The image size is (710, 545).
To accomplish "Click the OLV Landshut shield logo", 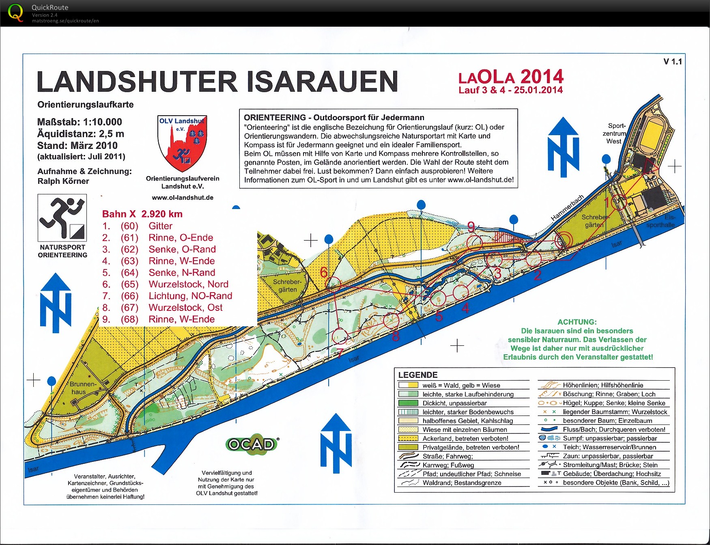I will (x=182, y=143).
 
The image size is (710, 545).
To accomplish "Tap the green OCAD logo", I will (x=252, y=444).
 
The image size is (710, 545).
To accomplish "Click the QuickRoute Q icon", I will (x=15, y=13).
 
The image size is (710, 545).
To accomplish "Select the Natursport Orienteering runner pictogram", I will (x=62, y=218).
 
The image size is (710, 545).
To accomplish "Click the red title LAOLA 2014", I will (x=511, y=77).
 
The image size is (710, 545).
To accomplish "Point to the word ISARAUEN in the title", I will (x=323, y=82).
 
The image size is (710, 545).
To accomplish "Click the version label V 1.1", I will (x=672, y=62).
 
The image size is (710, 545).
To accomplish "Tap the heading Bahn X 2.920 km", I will (x=142, y=214).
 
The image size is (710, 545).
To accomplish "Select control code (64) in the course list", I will (x=129, y=273).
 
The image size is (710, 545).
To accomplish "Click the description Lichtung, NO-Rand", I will (x=190, y=296).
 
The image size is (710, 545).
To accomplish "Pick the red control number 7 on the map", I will (x=340, y=352).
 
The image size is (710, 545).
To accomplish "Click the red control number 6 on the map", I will (x=324, y=272).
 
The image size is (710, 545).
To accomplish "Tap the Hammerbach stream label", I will (x=567, y=207).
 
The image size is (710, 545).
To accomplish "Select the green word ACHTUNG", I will (x=577, y=322).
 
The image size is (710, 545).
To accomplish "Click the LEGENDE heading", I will (x=417, y=375).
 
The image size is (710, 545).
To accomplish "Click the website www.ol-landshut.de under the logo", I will (x=183, y=198).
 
